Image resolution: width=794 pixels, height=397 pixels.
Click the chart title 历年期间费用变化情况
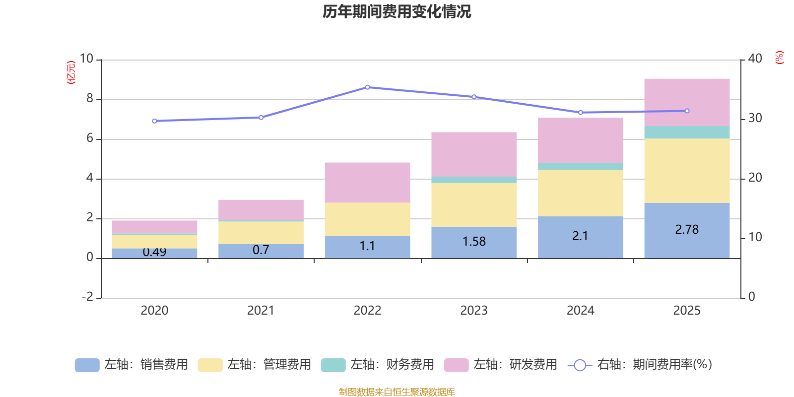[x=397, y=11]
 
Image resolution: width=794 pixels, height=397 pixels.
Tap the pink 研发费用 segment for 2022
[x=367, y=182]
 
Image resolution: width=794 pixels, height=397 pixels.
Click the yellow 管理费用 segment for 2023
[x=474, y=204]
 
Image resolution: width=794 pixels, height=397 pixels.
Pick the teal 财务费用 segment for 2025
[x=687, y=132]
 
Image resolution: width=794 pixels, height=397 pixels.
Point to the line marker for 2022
[x=368, y=87]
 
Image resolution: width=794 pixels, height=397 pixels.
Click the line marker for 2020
[x=154, y=121]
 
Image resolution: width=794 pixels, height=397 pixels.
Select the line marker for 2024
[x=581, y=113]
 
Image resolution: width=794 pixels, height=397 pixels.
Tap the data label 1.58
[x=474, y=242]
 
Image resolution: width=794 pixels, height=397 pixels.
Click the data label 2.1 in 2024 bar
[x=580, y=236]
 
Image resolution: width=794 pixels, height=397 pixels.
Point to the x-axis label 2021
[x=261, y=311]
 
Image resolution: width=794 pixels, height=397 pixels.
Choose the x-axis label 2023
[x=474, y=311]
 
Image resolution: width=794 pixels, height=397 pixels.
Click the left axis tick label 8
[x=90, y=99]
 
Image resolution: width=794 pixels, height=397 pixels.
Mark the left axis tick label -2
[x=87, y=297]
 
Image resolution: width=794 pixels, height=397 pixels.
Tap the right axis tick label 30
[x=755, y=118]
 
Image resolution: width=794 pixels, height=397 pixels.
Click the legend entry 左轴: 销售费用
[x=132, y=365]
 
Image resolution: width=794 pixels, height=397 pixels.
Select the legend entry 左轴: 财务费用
[x=378, y=365]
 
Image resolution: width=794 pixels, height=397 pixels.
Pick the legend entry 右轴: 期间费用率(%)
[x=640, y=365]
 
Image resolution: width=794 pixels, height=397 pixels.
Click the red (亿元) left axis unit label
[x=71, y=72]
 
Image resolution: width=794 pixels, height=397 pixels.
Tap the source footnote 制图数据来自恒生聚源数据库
[x=397, y=392]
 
